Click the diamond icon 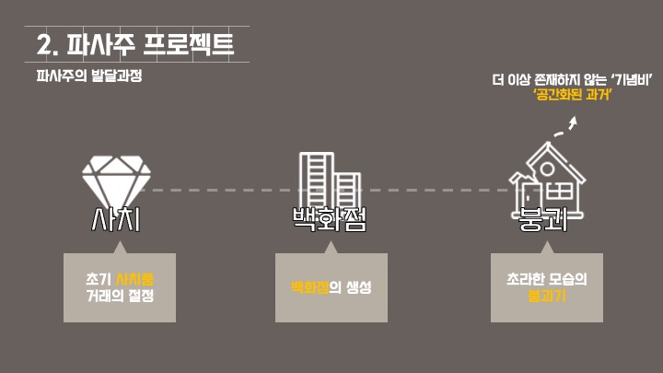(114, 179)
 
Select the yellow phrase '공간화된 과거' (574, 97)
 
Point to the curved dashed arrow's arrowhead (573, 121)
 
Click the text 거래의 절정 (120, 296)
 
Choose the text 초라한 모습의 (547, 278)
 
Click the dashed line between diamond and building (221, 190)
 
